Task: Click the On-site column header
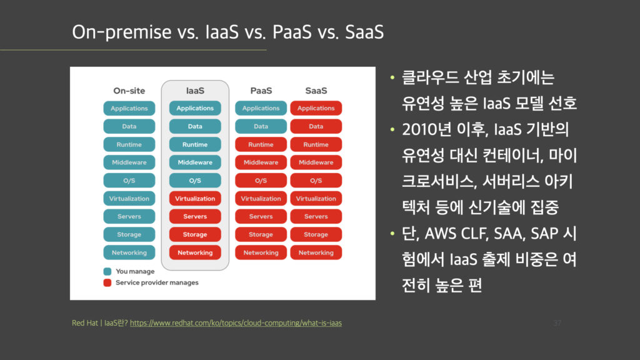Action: pos(129,91)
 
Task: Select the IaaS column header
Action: pos(195,91)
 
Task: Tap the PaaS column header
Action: pos(261,91)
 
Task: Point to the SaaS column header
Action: pos(316,91)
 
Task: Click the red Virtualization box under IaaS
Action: pos(195,198)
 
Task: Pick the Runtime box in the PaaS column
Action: pos(261,144)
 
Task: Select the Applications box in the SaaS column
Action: pos(316,108)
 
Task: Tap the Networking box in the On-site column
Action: pos(129,252)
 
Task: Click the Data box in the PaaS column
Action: pos(261,126)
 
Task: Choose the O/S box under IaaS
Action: pos(195,181)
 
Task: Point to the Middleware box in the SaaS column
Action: pos(316,162)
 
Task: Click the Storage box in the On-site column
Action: pos(129,235)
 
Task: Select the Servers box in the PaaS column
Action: pos(261,216)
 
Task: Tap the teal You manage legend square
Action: pos(107,271)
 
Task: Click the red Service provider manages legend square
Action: pos(107,283)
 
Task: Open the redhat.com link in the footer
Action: pos(236,323)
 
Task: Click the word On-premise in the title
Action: pos(122,32)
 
